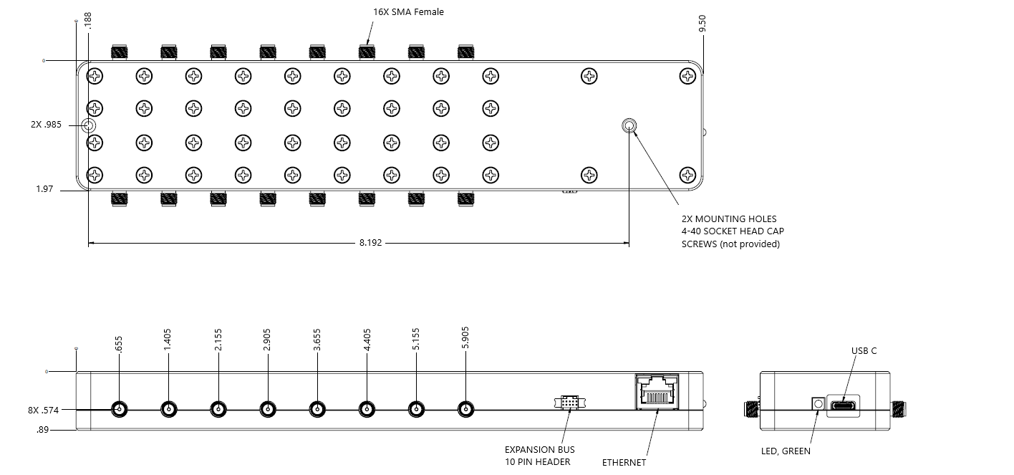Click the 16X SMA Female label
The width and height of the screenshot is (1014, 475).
pyautogui.click(x=408, y=11)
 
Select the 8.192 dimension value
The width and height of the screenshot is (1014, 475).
pyautogui.click(x=370, y=243)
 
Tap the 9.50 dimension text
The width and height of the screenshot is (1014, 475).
pyautogui.click(x=702, y=24)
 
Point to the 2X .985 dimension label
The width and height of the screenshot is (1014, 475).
pyautogui.click(x=46, y=125)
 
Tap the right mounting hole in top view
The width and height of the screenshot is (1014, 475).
pyautogui.click(x=629, y=126)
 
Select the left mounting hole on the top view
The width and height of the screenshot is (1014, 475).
pyautogui.click(x=88, y=126)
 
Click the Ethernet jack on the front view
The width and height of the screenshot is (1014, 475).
pyautogui.click(x=657, y=393)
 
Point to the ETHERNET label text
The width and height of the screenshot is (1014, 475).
pyautogui.click(x=624, y=463)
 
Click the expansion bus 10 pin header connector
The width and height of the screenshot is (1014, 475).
pyautogui.click(x=569, y=403)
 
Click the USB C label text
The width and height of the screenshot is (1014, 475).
pyautogui.click(x=864, y=351)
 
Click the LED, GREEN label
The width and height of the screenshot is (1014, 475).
pyautogui.click(x=786, y=451)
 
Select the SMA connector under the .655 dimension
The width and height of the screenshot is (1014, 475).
pyautogui.click(x=119, y=410)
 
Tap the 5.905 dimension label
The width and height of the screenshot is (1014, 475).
pyautogui.click(x=465, y=338)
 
